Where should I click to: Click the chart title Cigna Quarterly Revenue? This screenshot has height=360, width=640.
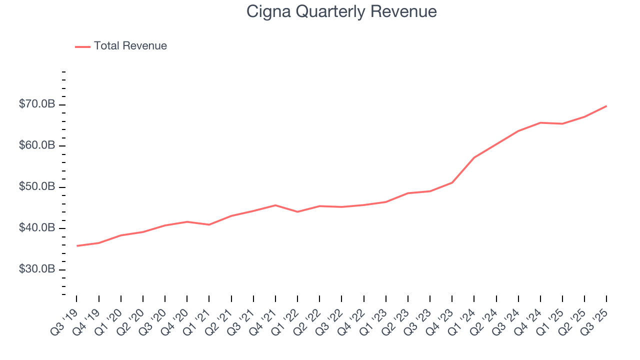(x=341, y=11)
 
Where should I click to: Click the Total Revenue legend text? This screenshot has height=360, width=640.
(x=130, y=46)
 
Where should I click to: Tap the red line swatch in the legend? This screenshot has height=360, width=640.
(x=82, y=46)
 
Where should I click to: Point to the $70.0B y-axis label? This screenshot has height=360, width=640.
(x=37, y=104)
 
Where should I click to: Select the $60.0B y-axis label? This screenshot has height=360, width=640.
(x=37, y=145)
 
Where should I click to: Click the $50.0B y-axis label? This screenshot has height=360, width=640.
(x=37, y=187)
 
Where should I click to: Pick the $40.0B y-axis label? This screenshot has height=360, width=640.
(x=37, y=228)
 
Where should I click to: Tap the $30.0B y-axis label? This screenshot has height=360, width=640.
(x=37, y=269)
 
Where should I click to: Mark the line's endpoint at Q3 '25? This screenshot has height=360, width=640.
(x=606, y=106)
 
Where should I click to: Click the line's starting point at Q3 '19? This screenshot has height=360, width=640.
(x=77, y=245)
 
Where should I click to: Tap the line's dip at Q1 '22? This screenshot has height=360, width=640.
(x=297, y=211)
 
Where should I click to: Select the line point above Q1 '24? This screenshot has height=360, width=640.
(x=474, y=157)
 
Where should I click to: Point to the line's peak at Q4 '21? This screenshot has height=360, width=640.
(x=275, y=205)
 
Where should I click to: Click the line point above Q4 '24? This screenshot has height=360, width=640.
(x=540, y=122)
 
